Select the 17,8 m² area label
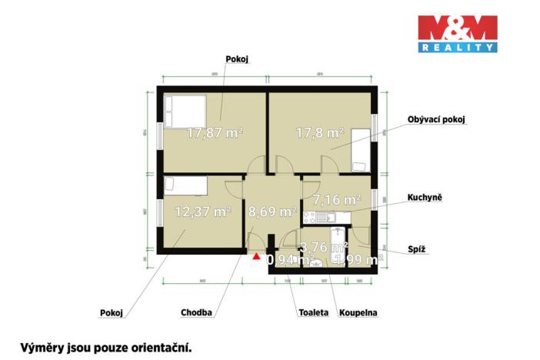click(319, 132)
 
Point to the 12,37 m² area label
click(203, 211)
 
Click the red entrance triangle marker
click(255, 255)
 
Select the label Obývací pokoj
click(437, 120)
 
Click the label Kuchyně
click(424, 198)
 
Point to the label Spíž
click(417, 250)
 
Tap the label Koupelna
click(358, 313)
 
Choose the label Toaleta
click(313, 313)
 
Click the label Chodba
click(197, 313)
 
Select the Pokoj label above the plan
click(238, 58)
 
